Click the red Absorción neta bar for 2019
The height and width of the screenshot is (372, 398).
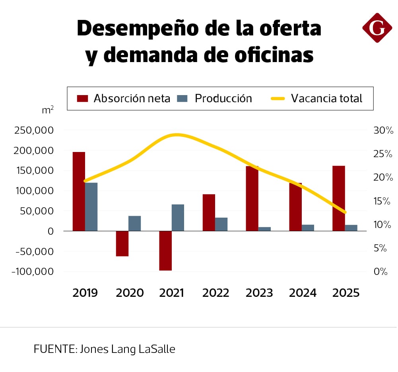coord(79,191)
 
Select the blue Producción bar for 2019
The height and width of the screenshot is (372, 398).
coord(91,206)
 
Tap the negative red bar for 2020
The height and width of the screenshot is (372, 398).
coord(122,243)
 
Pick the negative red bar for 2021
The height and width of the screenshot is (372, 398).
coord(165,251)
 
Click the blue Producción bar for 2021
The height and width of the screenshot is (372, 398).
coord(178,218)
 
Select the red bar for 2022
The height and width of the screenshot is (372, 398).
coord(209,212)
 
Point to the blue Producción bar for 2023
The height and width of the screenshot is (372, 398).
coord(264,229)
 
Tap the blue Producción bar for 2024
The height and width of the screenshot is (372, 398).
coord(308,228)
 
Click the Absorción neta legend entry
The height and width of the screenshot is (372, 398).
coord(123,98)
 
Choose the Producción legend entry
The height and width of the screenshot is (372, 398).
coord(215,98)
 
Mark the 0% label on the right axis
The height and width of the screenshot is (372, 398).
coord(381,272)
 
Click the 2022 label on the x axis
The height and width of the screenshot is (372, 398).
coord(216,293)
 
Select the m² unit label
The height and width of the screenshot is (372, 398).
coord(48,110)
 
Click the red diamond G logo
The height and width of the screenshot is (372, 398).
coord(377,27)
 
